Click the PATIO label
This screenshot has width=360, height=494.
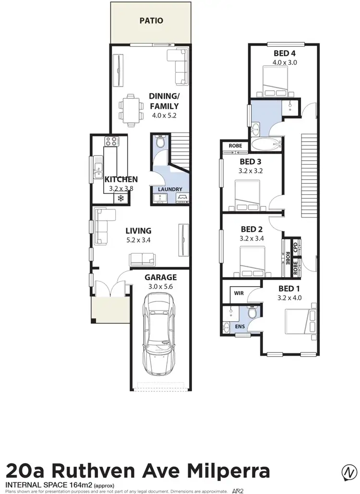point(151,21)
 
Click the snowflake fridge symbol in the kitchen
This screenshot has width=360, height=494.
point(120,198)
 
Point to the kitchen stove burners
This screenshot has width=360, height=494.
point(111,142)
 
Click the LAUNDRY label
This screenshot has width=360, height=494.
point(169,189)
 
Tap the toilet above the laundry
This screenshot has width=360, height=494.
point(161,142)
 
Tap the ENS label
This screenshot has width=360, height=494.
point(239,326)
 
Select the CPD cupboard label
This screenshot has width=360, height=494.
point(296,245)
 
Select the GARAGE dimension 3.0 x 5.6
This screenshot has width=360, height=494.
point(161,287)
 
